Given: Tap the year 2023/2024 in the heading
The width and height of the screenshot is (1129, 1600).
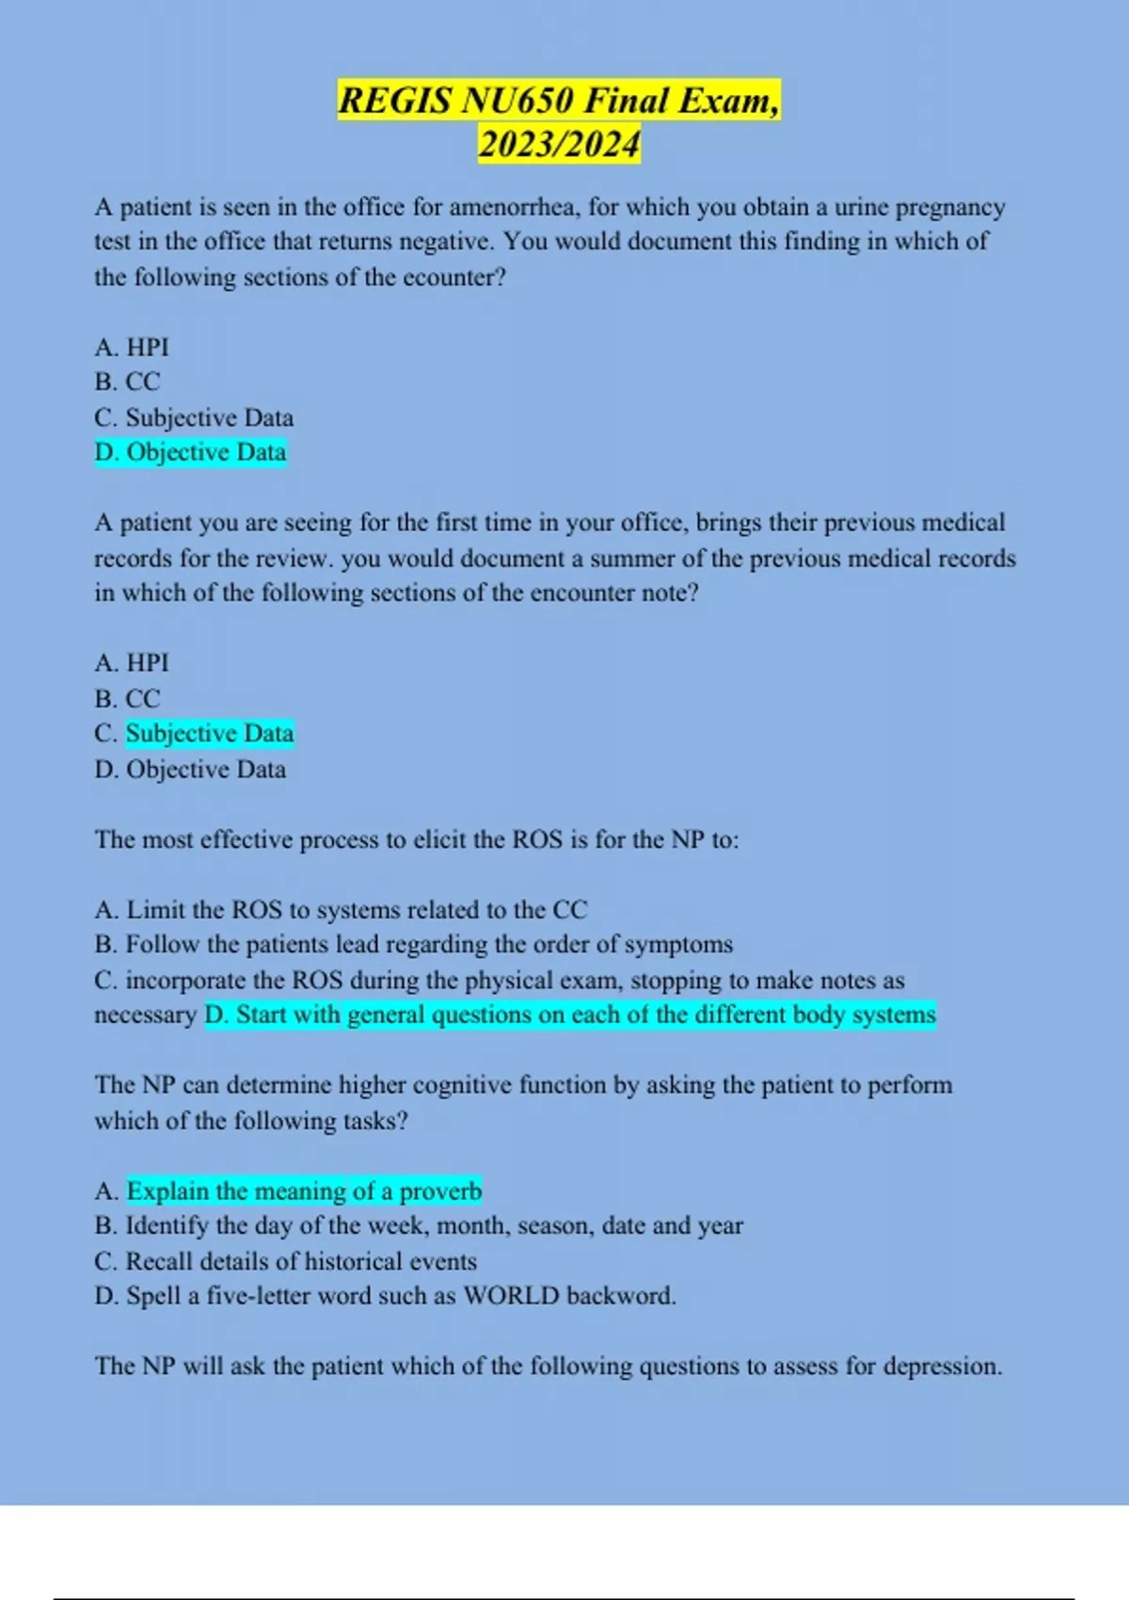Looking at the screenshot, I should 559,144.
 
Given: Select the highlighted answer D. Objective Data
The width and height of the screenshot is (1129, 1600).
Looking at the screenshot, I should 191,453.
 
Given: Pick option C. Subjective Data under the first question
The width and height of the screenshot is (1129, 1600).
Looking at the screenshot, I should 194,417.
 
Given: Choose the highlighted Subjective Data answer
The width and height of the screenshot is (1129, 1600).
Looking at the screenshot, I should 210,733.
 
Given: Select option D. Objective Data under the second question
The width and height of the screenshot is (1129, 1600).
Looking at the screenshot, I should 190,769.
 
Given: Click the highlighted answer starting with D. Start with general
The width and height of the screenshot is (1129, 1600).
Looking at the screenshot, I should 570,1015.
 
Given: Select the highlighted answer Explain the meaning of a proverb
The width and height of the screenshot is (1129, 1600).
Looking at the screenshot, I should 304,1192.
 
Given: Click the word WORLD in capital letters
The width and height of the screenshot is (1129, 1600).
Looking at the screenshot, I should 511,1296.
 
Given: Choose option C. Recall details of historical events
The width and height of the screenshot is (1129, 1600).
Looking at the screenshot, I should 286,1261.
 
